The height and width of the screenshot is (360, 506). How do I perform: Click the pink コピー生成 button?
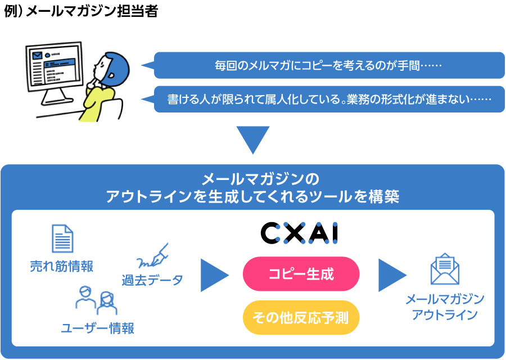click(x=300, y=274)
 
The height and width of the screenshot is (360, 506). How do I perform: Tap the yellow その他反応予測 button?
click(x=300, y=318)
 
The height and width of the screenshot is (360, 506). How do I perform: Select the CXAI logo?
click(x=300, y=233)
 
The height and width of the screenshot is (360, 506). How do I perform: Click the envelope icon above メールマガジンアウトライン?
click(x=445, y=269)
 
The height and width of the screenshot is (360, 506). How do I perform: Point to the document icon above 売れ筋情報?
click(x=62, y=238)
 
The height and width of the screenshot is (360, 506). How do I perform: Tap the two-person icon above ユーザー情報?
click(x=96, y=301)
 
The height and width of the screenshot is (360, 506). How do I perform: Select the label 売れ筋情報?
click(x=62, y=266)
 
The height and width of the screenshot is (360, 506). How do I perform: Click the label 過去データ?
click(x=152, y=280)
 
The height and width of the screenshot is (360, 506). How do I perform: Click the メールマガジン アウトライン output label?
click(x=445, y=307)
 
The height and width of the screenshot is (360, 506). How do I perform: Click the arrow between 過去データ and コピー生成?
click(x=214, y=275)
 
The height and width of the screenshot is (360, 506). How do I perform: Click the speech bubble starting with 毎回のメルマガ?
click(x=329, y=65)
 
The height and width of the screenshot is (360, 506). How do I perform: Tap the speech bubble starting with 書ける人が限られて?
click(x=329, y=99)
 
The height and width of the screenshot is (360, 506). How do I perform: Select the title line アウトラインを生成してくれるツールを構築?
click(x=252, y=197)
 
